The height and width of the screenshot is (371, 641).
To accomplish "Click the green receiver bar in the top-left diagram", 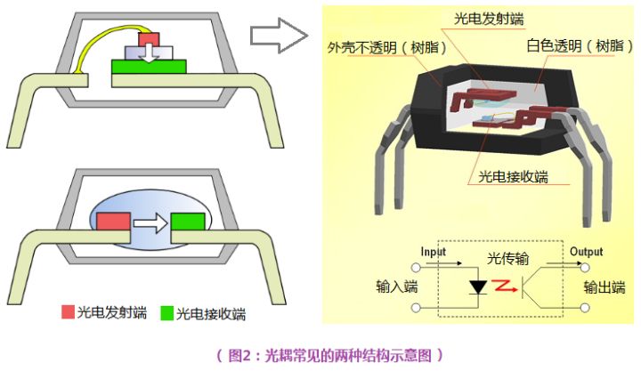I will pyautogui.click(x=149, y=65).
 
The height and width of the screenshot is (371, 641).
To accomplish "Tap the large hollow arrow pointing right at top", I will pyautogui.click(x=277, y=33).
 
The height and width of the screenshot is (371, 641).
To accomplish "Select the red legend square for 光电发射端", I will pyautogui.click(x=68, y=312).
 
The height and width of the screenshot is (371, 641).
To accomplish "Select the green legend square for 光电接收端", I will pyautogui.click(x=166, y=312).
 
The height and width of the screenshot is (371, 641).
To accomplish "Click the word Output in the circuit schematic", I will pyautogui.click(x=586, y=252).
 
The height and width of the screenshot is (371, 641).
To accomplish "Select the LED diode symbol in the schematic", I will pyautogui.click(x=479, y=286).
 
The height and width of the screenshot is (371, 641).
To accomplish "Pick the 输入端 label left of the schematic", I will pyautogui.click(x=396, y=287).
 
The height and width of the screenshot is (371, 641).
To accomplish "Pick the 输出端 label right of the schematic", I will pyautogui.click(x=604, y=287).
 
